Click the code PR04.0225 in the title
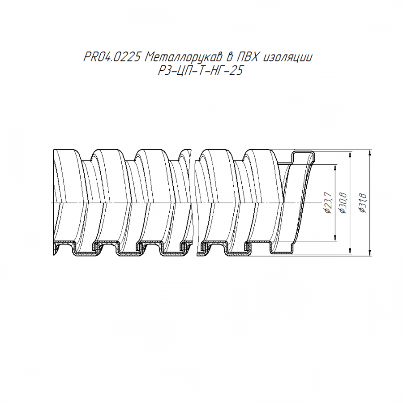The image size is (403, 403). [112, 57]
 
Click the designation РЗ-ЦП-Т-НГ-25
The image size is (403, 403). [201, 70]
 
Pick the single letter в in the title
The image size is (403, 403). [229, 58]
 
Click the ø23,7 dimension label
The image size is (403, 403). [329, 203]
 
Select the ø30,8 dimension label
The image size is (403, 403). [343, 203]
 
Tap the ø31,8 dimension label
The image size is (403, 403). [363, 203]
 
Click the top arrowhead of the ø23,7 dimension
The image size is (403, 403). [335, 167]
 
